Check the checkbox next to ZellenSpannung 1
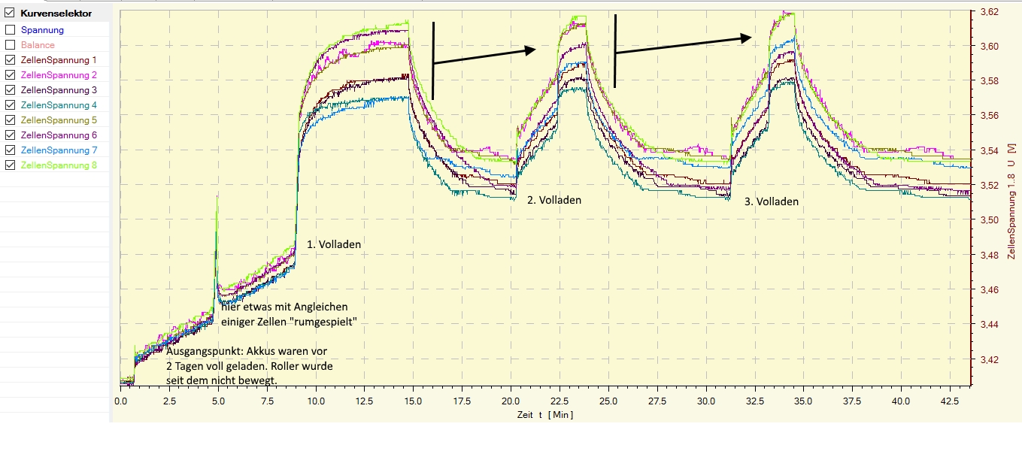pyautogui.click(x=10, y=60)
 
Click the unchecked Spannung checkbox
pyautogui.click(x=10, y=30)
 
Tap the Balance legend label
pyautogui.click(x=38, y=45)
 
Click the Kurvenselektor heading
pyautogui.click(x=56, y=14)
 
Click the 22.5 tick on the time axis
pyautogui.click(x=560, y=401)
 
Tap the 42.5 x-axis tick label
pyautogui.click(x=950, y=401)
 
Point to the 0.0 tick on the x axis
pyautogui.click(x=120, y=401)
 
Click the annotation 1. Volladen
pyautogui.click(x=333, y=244)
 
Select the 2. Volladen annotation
pyautogui.click(x=554, y=201)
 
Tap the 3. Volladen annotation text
pyautogui.click(x=771, y=201)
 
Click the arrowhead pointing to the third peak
pyautogui.click(x=747, y=38)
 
